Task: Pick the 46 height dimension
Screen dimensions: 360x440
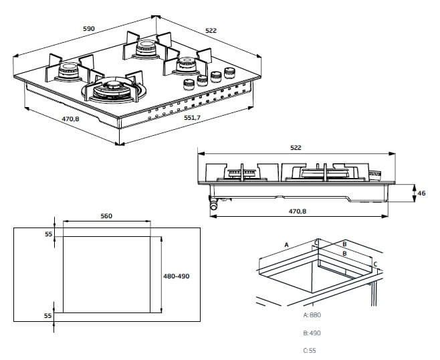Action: (x=421, y=193)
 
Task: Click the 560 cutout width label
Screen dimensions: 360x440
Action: (x=106, y=215)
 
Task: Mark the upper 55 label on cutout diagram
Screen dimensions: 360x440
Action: (x=48, y=234)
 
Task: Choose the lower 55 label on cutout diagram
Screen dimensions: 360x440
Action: (x=48, y=314)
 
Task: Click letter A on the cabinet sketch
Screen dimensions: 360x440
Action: (x=286, y=245)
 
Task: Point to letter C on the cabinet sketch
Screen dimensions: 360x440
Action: (x=375, y=264)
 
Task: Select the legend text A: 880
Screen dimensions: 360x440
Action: (x=313, y=314)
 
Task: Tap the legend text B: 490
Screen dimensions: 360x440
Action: (x=313, y=333)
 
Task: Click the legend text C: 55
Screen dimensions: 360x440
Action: (x=310, y=350)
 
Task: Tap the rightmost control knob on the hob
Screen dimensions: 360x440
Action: (x=231, y=72)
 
